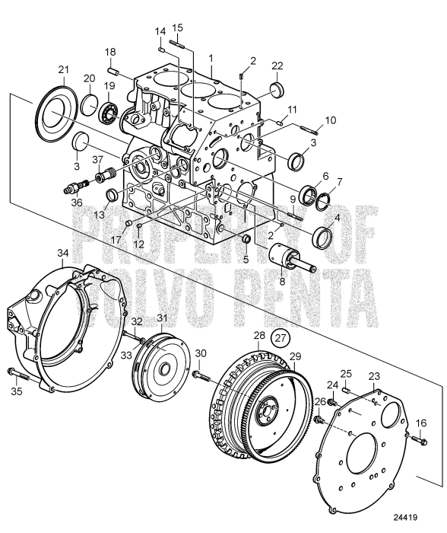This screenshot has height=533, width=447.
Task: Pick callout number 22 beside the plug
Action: [277, 65]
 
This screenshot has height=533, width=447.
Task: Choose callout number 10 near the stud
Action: [330, 120]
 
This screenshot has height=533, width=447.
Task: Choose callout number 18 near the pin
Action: [110, 51]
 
